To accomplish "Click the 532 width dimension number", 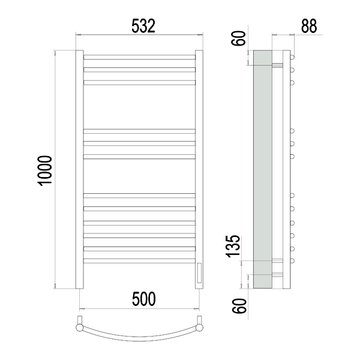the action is (143, 26).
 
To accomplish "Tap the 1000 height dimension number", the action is (45, 170).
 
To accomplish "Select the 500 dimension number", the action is (144, 299).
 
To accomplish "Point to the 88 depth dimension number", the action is (309, 26).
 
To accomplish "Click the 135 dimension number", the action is (233, 246).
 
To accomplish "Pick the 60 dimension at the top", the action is (239, 38).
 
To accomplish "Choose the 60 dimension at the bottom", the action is (239, 306).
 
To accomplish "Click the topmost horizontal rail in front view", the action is (139, 57).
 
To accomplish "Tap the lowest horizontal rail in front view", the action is (139, 261).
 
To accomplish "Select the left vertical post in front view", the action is (79, 169).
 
